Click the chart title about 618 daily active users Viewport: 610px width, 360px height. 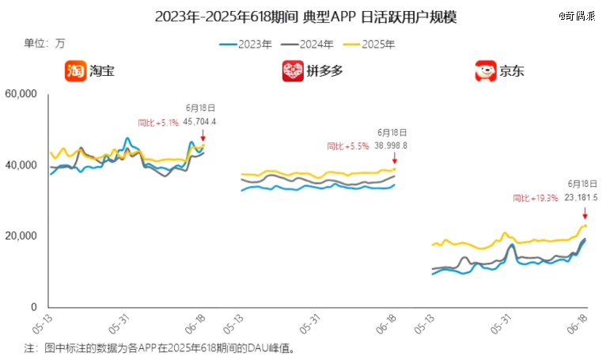point(305,17)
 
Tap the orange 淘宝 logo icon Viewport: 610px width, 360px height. point(75,71)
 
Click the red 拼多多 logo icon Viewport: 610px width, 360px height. point(293,71)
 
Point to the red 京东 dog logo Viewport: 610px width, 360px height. point(483,71)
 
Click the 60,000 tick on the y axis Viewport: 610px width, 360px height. point(21,94)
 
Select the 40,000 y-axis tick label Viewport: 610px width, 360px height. point(21,165)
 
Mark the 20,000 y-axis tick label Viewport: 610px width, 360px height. point(21,236)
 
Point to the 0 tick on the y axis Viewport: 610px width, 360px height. point(33,307)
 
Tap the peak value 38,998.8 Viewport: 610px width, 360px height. point(390,146)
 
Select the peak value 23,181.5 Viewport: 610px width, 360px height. point(582,198)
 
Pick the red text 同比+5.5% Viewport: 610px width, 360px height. point(348,146)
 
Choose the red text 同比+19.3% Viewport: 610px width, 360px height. point(536,198)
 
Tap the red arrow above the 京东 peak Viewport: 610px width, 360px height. point(585,212)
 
